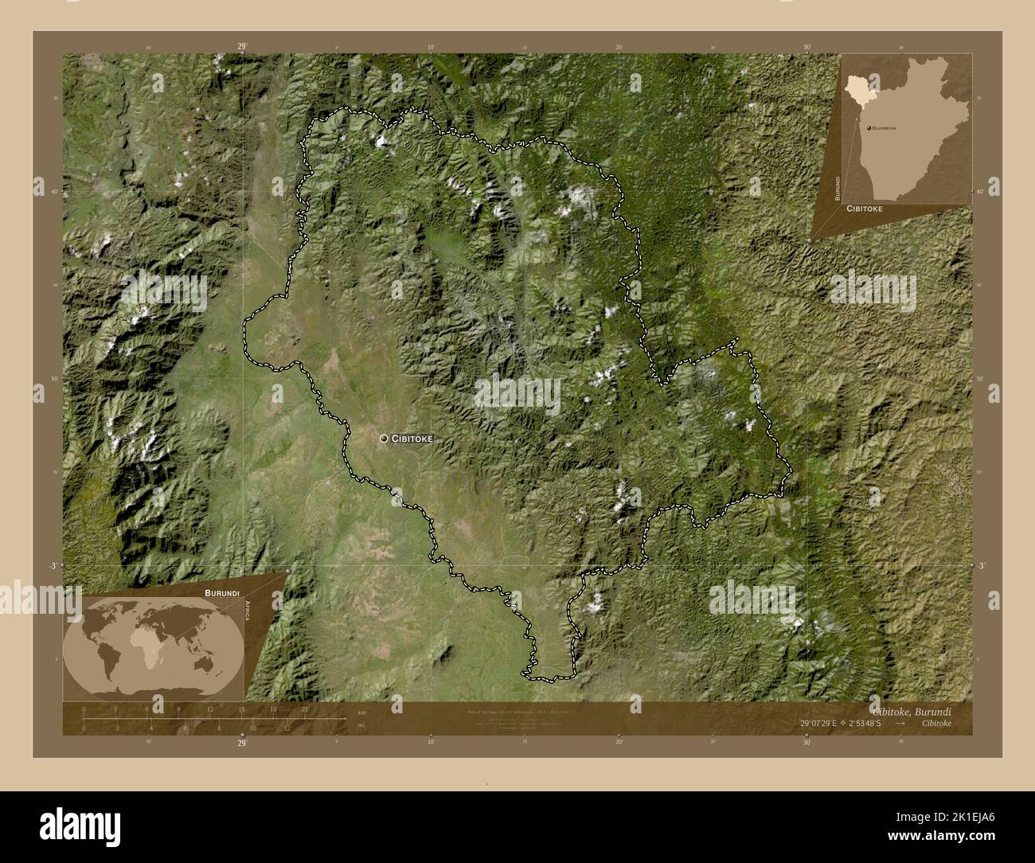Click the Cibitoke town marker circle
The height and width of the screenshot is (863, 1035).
pos(384,438)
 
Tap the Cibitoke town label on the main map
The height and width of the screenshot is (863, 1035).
pos(412,439)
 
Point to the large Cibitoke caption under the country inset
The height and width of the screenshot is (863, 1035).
pos(869,208)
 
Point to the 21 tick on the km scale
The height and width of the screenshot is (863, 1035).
pos(304,709)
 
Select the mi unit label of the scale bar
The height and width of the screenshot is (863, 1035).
pos(361,726)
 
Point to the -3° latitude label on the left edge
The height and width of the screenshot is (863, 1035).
pos(52,565)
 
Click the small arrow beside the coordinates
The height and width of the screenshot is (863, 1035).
pos(900,724)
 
